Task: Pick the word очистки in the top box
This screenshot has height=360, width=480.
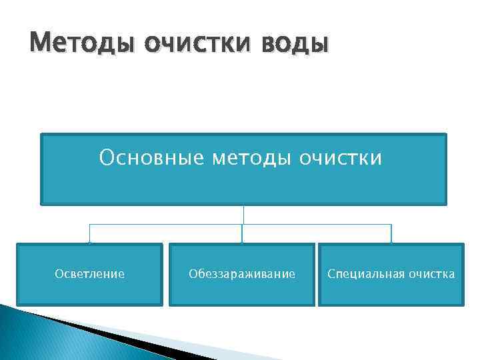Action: tap(342, 158)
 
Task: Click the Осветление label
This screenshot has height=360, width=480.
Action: tap(89, 274)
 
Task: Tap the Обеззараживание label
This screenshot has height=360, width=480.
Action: tap(241, 274)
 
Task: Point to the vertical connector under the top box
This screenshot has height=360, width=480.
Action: tap(243, 214)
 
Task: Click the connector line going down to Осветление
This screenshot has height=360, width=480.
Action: tap(90, 233)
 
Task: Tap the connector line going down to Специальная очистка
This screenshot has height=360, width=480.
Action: tap(391, 233)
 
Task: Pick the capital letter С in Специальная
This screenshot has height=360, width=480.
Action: tap(331, 274)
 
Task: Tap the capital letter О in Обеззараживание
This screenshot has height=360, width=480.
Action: tap(192, 274)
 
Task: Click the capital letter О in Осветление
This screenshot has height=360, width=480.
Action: tap(58, 274)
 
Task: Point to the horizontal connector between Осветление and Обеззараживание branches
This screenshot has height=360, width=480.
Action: tap(167, 225)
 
